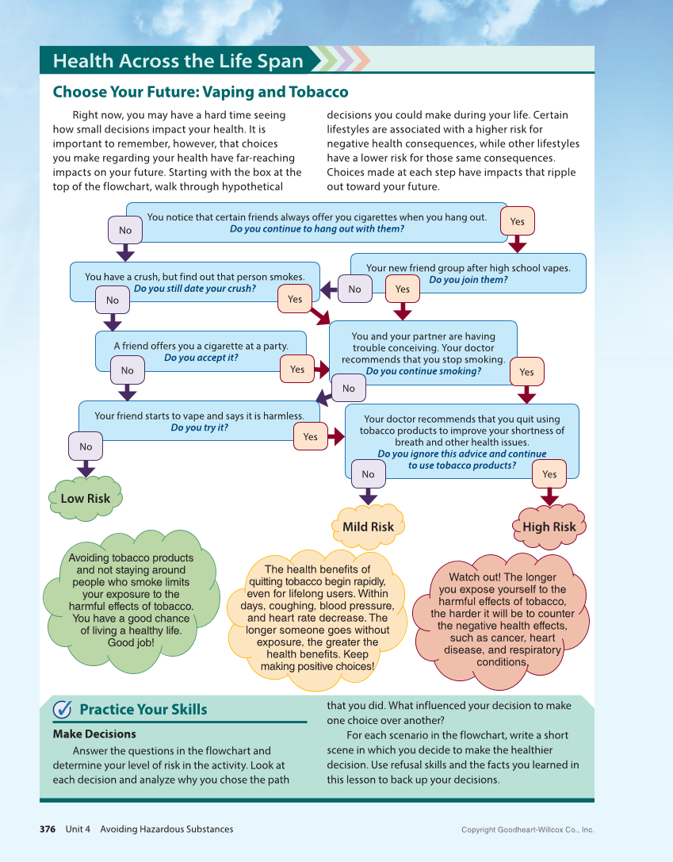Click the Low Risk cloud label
pyautogui.click(x=86, y=499)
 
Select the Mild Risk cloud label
pyautogui.click(x=368, y=527)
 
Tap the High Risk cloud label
pyautogui.click(x=549, y=527)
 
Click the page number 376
pyautogui.click(x=48, y=829)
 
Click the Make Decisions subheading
pyautogui.click(x=94, y=734)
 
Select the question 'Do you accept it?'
pyautogui.click(x=201, y=358)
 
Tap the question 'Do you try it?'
pyautogui.click(x=199, y=427)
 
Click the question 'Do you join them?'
pyautogui.click(x=468, y=280)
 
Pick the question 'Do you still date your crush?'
pyautogui.click(x=194, y=289)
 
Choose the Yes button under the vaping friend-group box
pyautogui.click(x=403, y=289)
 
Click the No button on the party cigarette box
pyautogui.click(x=128, y=370)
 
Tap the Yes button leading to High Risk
pyautogui.click(x=549, y=474)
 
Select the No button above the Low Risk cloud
pyautogui.click(x=86, y=446)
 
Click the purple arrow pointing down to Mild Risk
pyautogui.click(x=368, y=496)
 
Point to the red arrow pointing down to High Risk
pyautogui.click(x=549, y=497)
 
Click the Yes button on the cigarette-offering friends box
pyautogui.click(x=518, y=222)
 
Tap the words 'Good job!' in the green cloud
pyautogui.click(x=131, y=642)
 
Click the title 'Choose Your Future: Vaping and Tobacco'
pyautogui.click(x=201, y=92)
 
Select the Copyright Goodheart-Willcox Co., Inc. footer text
pyautogui.click(x=527, y=830)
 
